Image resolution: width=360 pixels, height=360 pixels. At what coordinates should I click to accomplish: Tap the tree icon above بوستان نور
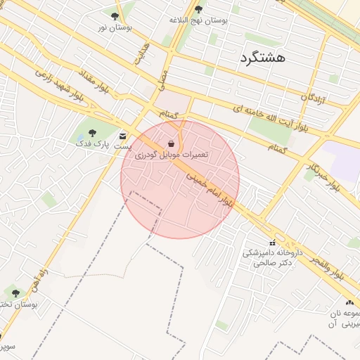[115, 16]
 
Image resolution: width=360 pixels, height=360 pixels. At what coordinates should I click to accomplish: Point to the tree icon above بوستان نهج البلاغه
[199, 10]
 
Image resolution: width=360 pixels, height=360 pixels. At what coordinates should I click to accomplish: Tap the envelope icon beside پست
[124, 136]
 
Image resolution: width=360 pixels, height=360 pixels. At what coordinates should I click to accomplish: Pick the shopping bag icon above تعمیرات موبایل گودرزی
[172, 143]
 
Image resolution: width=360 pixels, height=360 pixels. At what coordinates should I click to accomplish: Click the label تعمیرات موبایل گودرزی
[172, 153]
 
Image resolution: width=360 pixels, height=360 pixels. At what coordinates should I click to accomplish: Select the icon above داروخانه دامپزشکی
[273, 243]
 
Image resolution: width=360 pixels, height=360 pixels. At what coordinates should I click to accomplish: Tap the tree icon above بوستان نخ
[15, 292]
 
